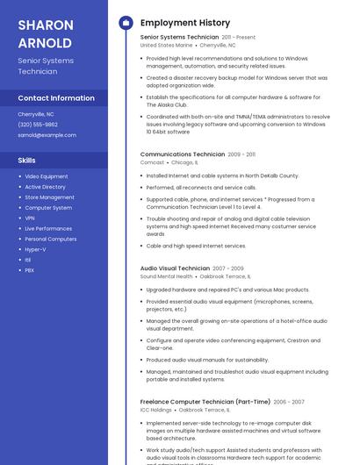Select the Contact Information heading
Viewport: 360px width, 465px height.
tap(56, 97)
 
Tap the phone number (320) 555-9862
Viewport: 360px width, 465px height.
tap(38, 125)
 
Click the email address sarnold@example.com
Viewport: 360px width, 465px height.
tap(47, 135)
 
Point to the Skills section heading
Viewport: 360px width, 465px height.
tap(27, 161)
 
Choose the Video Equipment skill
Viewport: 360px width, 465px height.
tap(46, 176)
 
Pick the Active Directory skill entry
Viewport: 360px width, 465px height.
tap(45, 187)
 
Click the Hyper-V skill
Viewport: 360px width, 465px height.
tap(35, 249)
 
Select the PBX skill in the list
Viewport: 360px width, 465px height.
tap(30, 270)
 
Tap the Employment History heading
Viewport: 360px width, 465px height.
tap(184, 23)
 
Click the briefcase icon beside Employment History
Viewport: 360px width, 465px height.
tap(126, 23)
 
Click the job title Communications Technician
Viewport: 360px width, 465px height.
tap(182, 154)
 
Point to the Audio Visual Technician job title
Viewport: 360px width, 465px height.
tap(175, 268)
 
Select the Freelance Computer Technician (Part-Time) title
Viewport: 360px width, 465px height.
tap(204, 402)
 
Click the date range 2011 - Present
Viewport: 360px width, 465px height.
tap(239, 38)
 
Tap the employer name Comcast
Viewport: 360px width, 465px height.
tap(152, 162)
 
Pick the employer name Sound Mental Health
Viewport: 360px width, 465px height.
tap(166, 276)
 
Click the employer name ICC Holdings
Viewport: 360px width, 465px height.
tap(156, 410)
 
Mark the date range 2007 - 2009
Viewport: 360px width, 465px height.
tap(228, 268)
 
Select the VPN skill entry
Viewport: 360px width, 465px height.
tap(30, 218)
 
